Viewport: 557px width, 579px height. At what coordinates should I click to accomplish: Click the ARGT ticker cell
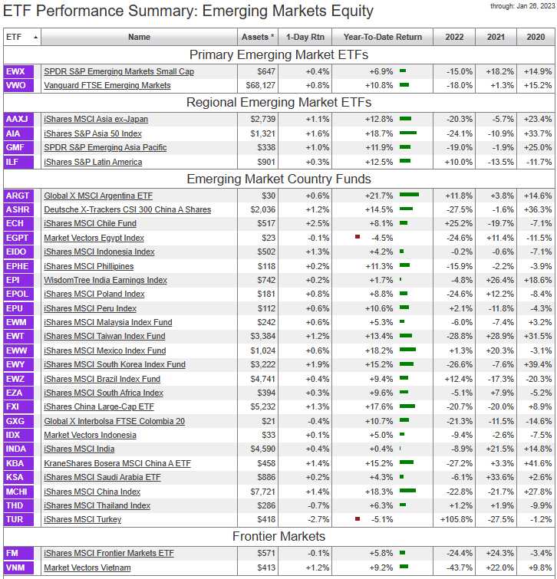pos(18,196)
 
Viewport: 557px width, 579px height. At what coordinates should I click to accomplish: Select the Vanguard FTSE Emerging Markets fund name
pos(107,85)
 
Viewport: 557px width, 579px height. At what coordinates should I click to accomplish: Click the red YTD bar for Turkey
pos(357,519)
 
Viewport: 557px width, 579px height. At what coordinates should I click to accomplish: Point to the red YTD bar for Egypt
pos(357,238)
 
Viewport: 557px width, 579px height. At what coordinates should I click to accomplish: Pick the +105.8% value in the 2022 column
pos(457,519)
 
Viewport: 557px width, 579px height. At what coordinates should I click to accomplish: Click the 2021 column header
pos(495,37)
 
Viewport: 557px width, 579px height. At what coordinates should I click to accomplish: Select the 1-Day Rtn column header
pos(305,37)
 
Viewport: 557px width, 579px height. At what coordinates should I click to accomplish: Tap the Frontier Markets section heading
pos(278,536)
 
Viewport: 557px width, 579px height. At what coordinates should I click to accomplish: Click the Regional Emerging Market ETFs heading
pos(278,102)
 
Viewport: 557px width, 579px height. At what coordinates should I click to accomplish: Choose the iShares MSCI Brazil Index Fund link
pos(102,379)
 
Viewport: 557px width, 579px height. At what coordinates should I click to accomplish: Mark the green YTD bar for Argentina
pos(409,196)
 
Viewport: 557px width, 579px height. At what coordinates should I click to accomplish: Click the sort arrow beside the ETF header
pos(35,37)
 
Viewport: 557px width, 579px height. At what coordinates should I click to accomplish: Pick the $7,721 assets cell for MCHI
pos(260,492)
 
